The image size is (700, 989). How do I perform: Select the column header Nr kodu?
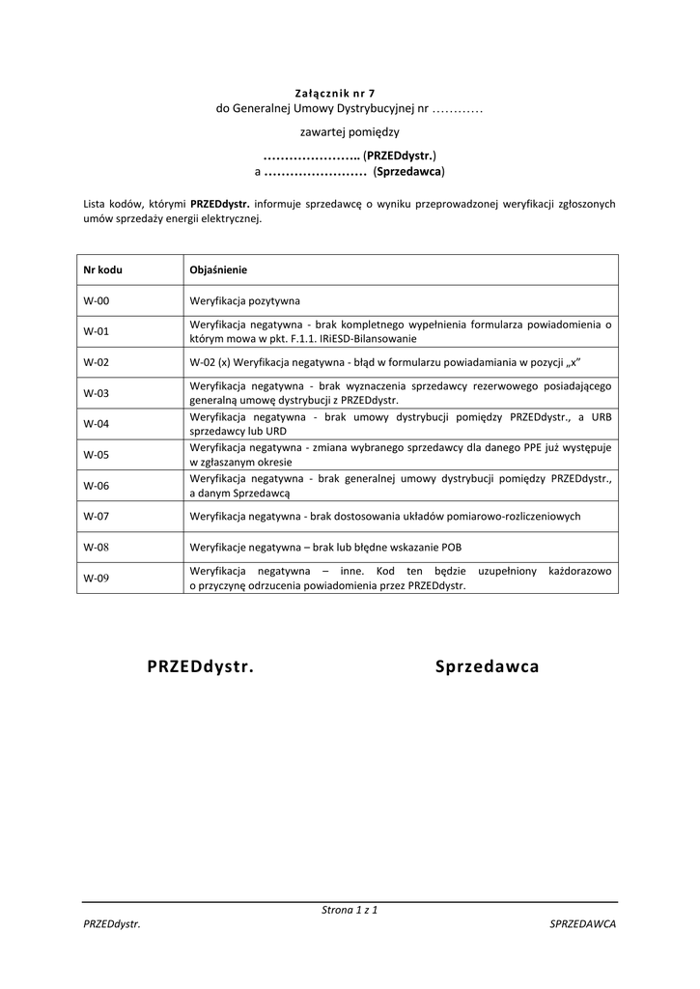(x=102, y=270)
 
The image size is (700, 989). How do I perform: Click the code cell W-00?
(x=97, y=300)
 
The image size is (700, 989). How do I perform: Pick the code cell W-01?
(x=97, y=331)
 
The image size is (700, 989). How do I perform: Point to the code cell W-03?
(x=97, y=393)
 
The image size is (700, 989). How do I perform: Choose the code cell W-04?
(x=97, y=424)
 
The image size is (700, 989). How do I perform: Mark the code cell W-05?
(x=97, y=455)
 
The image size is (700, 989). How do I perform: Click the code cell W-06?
(x=97, y=486)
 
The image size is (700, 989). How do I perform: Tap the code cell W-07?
(x=97, y=517)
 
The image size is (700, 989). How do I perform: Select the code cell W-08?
(x=97, y=548)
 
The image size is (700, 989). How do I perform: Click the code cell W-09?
(x=97, y=579)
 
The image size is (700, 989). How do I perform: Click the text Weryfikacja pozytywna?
(x=245, y=300)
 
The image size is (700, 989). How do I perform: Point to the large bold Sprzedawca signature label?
(x=487, y=667)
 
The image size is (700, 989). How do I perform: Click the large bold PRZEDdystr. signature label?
(x=201, y=667)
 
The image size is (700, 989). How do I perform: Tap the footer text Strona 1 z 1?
(x=349, y=910)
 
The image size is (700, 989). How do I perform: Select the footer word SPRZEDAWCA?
(x=582, y=924)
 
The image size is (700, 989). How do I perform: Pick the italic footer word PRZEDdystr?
(x=112, y=924)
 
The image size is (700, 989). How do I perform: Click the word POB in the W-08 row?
(x=451, y=548)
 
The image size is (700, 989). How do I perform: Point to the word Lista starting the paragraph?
(x=96, y=204)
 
